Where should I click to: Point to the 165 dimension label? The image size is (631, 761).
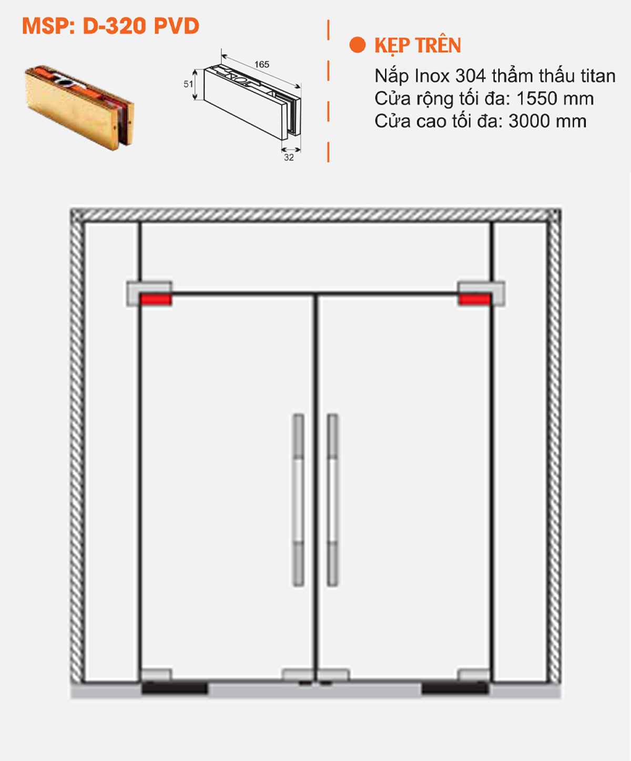point(262,64)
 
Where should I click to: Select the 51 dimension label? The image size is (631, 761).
point(188,84)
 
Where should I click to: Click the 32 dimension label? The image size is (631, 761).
point(289,157)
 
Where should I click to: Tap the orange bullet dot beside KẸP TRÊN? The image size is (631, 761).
point(358,45)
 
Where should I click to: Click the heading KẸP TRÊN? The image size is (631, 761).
point(418,46)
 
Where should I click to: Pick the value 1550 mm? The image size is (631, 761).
point(555,99)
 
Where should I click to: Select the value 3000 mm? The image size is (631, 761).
point(547,121)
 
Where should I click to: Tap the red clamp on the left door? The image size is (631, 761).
point(155,300)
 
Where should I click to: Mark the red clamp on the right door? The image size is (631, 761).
point(475,300)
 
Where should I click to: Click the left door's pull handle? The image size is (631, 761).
point(298,500)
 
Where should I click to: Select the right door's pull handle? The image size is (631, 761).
point(332,500)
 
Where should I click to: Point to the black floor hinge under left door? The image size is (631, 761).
point(174,687)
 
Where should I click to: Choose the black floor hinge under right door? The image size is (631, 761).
point(455,687)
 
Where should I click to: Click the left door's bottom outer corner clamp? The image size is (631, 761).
point(157,675)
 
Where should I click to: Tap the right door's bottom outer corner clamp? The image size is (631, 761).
point(474,675)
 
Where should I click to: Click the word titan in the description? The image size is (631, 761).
point(598,76)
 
